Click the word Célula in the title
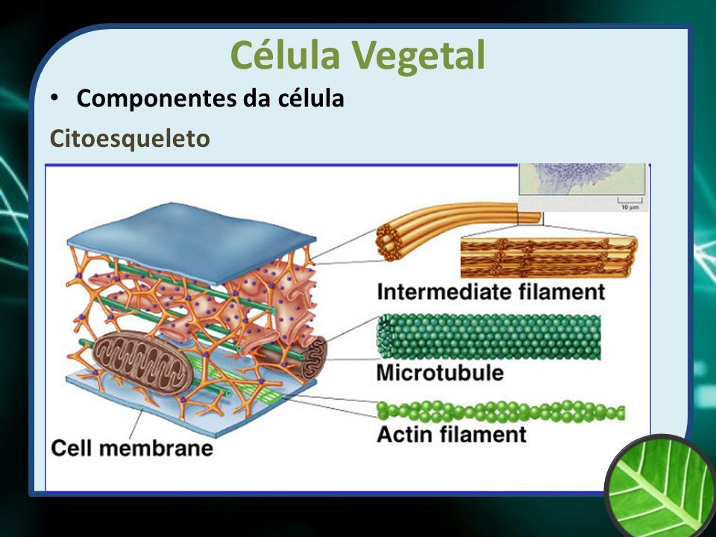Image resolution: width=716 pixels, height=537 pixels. click(285, 54)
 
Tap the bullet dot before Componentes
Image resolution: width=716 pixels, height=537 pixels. click(54, 98)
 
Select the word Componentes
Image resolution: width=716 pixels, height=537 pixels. click(157, 99)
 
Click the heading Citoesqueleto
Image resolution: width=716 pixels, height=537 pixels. click(130, 139)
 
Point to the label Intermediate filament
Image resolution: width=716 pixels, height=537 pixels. click(491, 292)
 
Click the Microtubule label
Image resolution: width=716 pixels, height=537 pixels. click(440, 373)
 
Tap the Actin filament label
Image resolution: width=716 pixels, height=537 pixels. click(452, 434)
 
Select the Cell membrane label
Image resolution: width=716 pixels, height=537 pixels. click(132, 448)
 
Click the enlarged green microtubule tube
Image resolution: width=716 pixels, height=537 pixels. click(489, 337)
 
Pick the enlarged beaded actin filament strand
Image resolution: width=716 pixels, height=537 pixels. click(500, 411)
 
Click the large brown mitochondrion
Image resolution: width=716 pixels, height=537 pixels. click(143, 363)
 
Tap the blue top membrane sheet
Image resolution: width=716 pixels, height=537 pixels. click(192, 242)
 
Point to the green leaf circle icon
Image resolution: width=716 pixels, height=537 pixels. click(662, 487)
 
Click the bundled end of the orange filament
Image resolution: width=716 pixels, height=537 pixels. click(389, 242)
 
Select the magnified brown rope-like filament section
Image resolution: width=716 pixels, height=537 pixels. click(548, 257)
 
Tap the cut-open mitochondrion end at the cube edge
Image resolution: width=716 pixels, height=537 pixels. click(314, 357)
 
